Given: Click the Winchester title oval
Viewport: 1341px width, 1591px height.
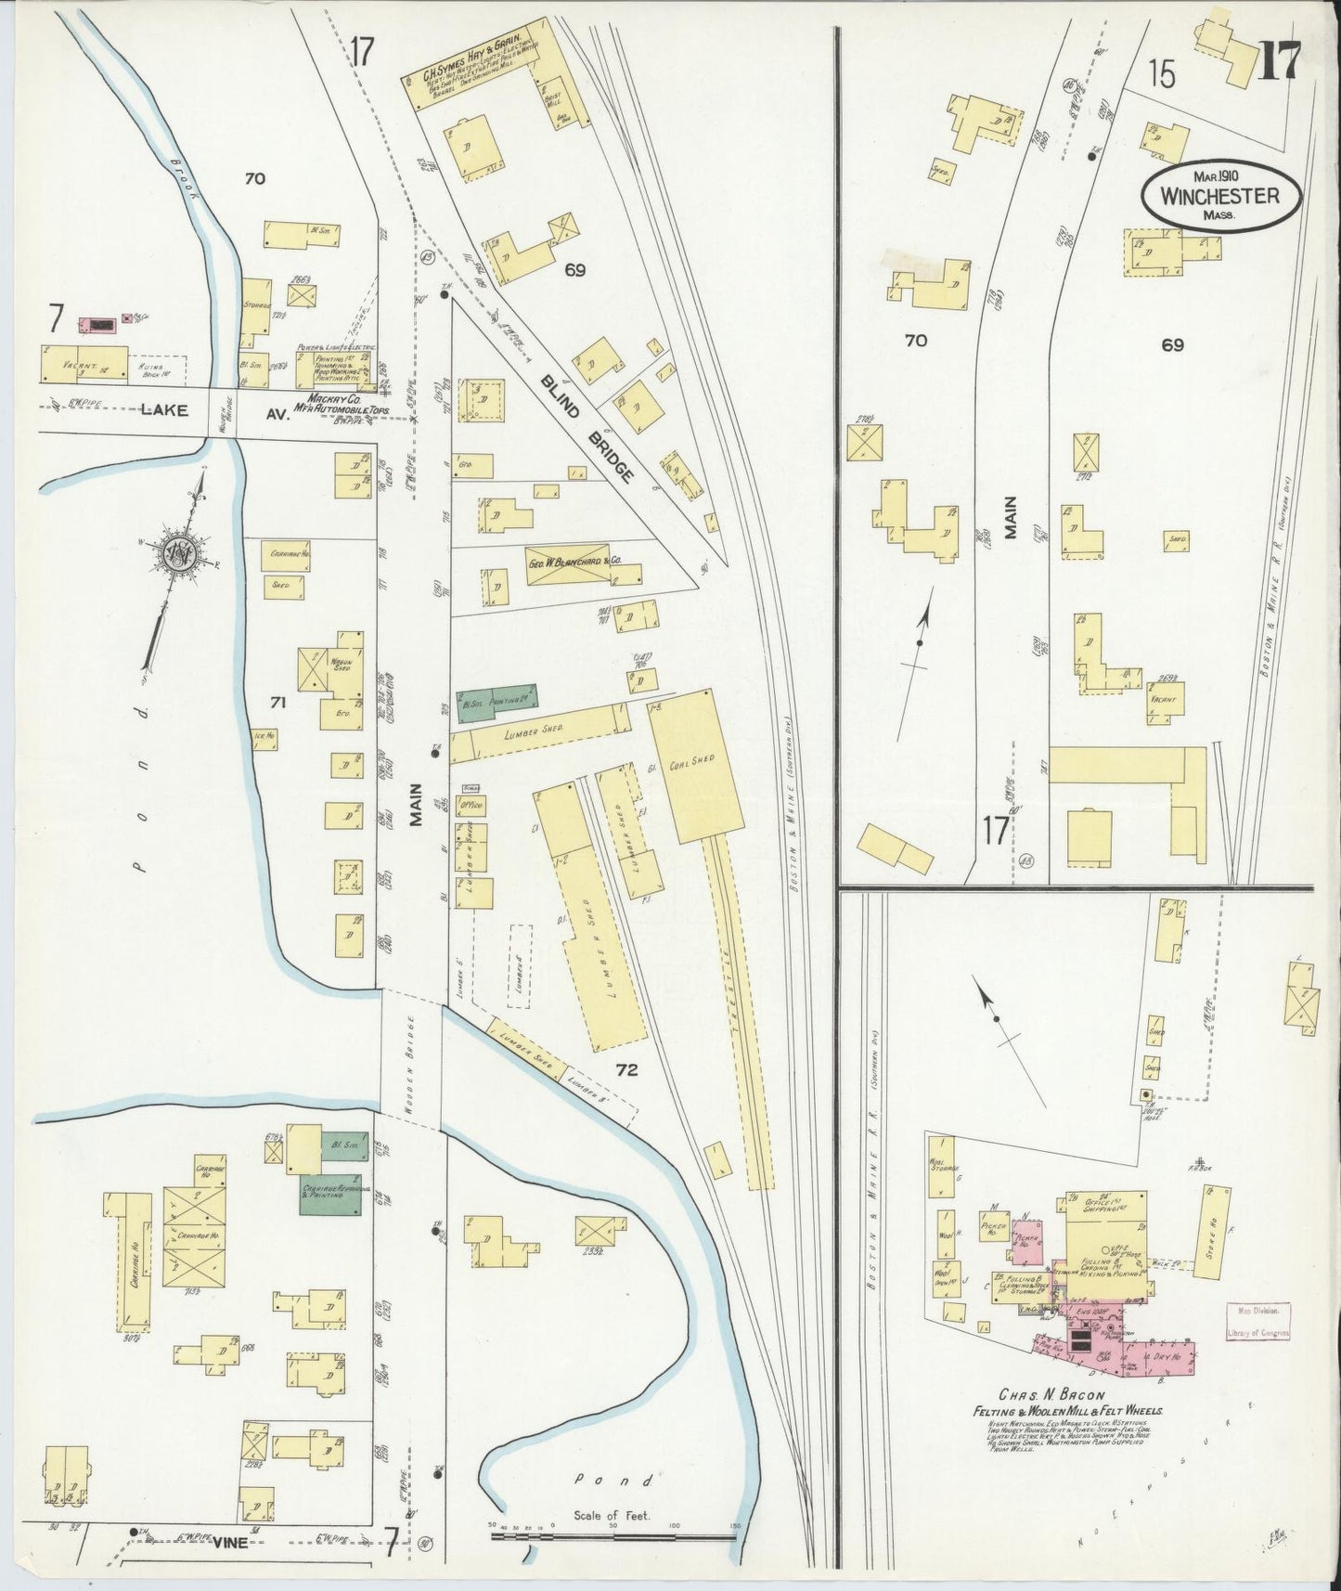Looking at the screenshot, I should pos(1221,196).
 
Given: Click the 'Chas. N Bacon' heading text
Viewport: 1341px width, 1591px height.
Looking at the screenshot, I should pos(1050,1394).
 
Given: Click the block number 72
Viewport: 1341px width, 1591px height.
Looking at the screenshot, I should pos(627,1070).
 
